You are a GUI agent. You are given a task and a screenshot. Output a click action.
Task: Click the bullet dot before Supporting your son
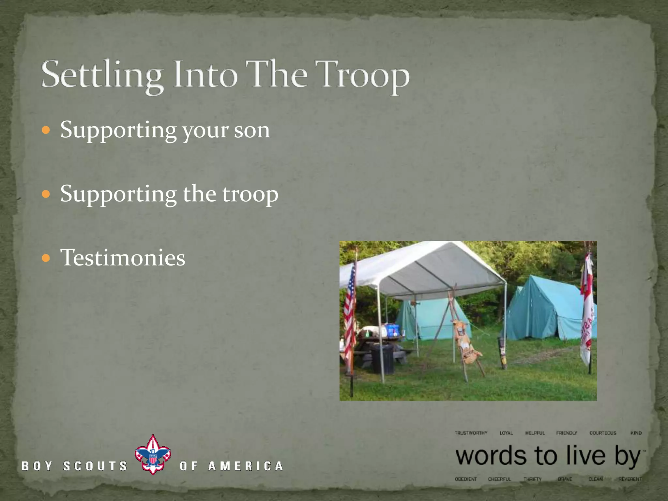point(46,130)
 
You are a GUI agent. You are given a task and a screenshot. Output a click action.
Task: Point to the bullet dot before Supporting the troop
point(46,194)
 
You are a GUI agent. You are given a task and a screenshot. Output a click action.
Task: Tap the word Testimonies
point(123,258)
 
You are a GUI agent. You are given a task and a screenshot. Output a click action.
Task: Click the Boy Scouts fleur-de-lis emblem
point(153,455)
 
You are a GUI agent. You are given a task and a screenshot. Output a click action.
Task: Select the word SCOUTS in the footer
point(95,466)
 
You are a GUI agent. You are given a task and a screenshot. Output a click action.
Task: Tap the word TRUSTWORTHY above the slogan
point(471,433)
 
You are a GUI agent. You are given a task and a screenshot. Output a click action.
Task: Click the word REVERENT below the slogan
point(630,479)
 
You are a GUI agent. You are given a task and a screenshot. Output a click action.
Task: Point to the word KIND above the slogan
point(636,433)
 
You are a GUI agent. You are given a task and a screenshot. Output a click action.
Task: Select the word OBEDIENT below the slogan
point(465,479)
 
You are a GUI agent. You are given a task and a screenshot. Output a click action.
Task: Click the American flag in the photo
point(350,313)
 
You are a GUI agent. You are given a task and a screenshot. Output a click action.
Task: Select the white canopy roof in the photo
point(424,267)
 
